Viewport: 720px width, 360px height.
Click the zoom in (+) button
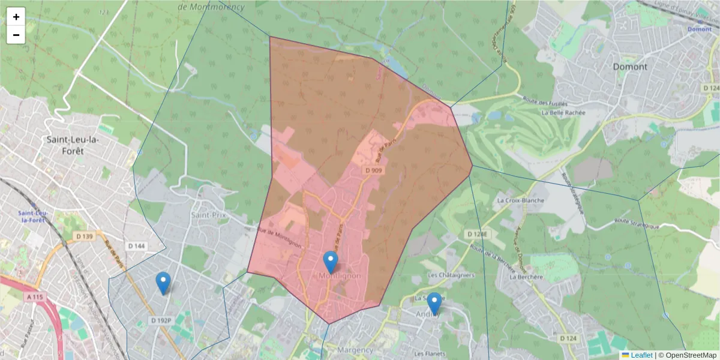coord(16,17)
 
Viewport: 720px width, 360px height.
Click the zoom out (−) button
coord(16,35)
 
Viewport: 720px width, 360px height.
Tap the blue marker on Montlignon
coord(331,262)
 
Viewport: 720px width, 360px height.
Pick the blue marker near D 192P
coord(163,282)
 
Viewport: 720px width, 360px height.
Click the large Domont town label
coord(630,67)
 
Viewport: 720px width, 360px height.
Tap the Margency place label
coord(356,350)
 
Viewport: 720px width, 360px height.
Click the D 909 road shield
coord(373,170)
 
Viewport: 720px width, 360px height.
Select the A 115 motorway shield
coord(37,296)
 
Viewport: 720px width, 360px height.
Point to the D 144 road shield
coord(137,245)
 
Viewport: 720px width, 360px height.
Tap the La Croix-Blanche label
coord(521,200)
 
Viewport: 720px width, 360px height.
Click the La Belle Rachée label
coord(563,112)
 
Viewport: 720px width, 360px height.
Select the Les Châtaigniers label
coord(451,275)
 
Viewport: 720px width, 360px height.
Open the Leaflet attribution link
coord(641,355)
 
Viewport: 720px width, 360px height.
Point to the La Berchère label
coord(526,277)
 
